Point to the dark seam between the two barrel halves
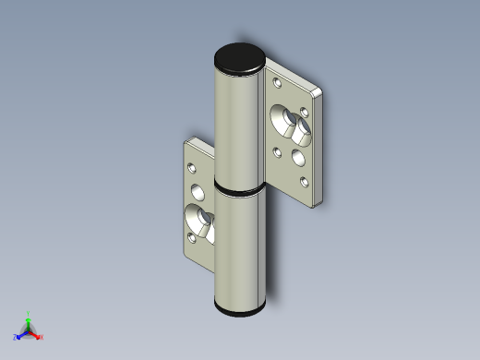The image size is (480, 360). tap(240, 188)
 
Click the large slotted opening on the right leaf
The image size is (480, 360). tap(289, 122)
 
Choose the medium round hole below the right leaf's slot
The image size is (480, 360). tap(298, 156)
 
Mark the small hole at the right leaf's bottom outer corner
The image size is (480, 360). tap(303, 181)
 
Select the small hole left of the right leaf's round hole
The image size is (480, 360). tap(278, 150)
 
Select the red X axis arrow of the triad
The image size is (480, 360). tap(36, 334)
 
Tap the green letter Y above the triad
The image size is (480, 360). tap(28, 314)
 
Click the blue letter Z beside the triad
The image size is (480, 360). tap(15, 338)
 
